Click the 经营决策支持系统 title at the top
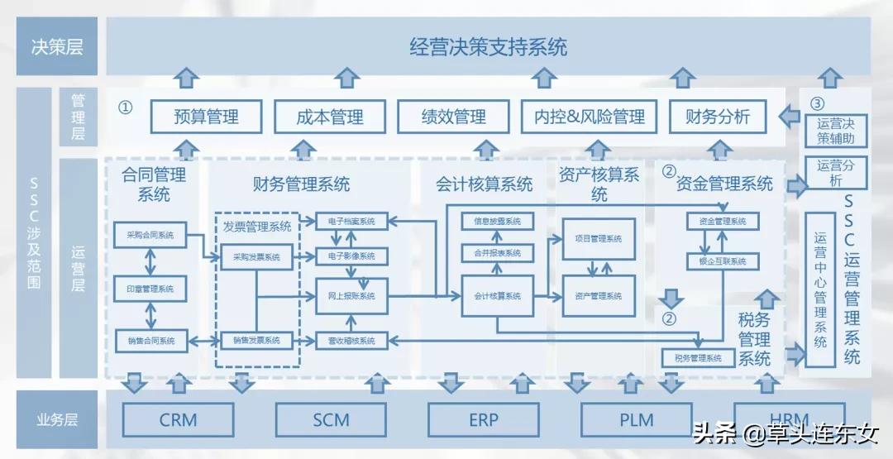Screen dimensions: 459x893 (x=488, y=46)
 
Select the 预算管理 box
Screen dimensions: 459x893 (x=206, y=117)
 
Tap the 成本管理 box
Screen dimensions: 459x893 (x=330, y=117)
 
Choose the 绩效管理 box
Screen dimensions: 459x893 (x=453, y=117)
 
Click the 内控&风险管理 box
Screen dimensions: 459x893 (x=589, y=117)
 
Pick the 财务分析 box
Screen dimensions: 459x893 (x=717, y=117)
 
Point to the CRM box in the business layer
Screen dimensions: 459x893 (x=178, y=420)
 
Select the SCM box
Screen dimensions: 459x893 (x=331, y=420)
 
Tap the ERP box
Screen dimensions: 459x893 (x=483, y=420)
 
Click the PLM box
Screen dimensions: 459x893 (x=636, y=420)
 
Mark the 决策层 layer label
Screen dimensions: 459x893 (x=57, y=46)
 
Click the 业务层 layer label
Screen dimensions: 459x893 (x=57, y=420)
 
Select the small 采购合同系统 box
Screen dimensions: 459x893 (x=150, y=235)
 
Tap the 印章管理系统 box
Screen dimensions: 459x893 (x=150, y=289)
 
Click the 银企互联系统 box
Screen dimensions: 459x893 (x=717, y=261)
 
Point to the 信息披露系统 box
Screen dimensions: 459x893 (x=497, y=222)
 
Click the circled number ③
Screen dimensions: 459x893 (x=817, y=104)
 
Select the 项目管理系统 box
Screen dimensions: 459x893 (x=599, y=238)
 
